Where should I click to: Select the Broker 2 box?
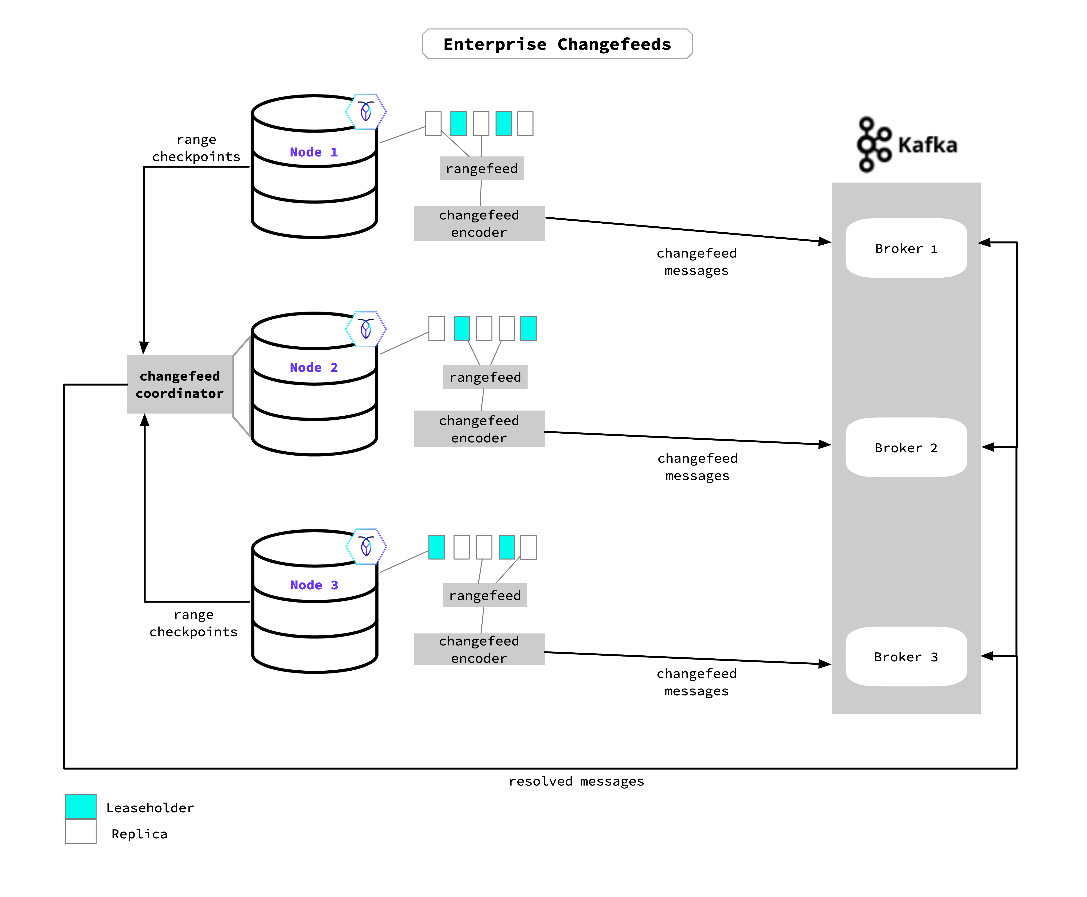tap(906, 447)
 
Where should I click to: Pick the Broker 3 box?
tap(906, 657)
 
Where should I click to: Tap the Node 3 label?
tap(314, 585)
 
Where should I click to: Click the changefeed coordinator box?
tap(179, 384)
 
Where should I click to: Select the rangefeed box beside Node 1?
tap(481, 168)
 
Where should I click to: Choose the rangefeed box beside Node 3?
tap(485, 595)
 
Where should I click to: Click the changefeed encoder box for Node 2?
tap(479, 429)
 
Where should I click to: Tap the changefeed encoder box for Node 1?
tap(479, 223)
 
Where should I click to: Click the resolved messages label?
tap(576, 781)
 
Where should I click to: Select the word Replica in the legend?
tap(139, 834)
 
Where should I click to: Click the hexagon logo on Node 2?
tap(366, 329)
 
